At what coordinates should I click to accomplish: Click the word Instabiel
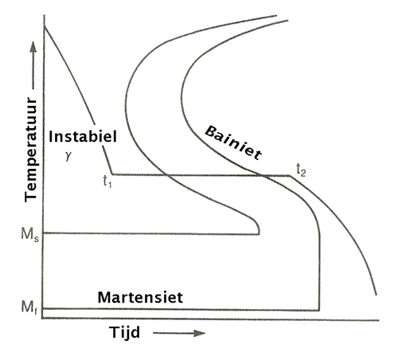pyautogui.click(x=83, y=137)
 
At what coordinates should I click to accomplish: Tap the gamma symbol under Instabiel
pyautogui.click(x=68, y=156)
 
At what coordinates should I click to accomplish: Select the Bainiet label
pyautogui.click(x=233, y=143)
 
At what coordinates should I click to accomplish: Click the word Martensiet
pyautogui.click(x=140, y=297)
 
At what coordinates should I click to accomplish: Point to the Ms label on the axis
pyautogui.click(x=29, y=235)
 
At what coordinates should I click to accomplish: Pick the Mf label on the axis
pyautogui.click(x=29, y=308)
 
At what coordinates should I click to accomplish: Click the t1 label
pyautogui.click(x=107, y=182)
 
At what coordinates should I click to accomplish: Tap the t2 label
pyautogui.click(x=301, y=170)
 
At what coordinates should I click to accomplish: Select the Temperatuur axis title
pyautogui.click(x=30, y=150)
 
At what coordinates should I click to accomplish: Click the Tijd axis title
pyautogui.click(x=124, y=333)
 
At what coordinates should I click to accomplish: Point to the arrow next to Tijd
pyautogui.click(x=179, y=333)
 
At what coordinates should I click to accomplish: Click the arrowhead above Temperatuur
pyautogui.click(x=33, y=47)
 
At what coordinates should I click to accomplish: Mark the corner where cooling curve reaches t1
pyautogui.click(x=112, y=174)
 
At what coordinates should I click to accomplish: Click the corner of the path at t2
pyautogui.click(x=290, y=175)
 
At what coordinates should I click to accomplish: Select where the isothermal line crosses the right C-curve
pyautogui.click(x=262, y=175)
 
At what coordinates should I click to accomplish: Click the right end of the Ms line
pyautogui.click(x=259, y=234)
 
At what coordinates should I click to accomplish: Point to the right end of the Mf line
pyautogui.click(x=319, y=310)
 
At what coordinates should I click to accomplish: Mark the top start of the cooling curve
pyautogui.click(x=45, y=25)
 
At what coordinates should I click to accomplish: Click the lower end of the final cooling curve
pyautogui.click(x=376, y=295)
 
